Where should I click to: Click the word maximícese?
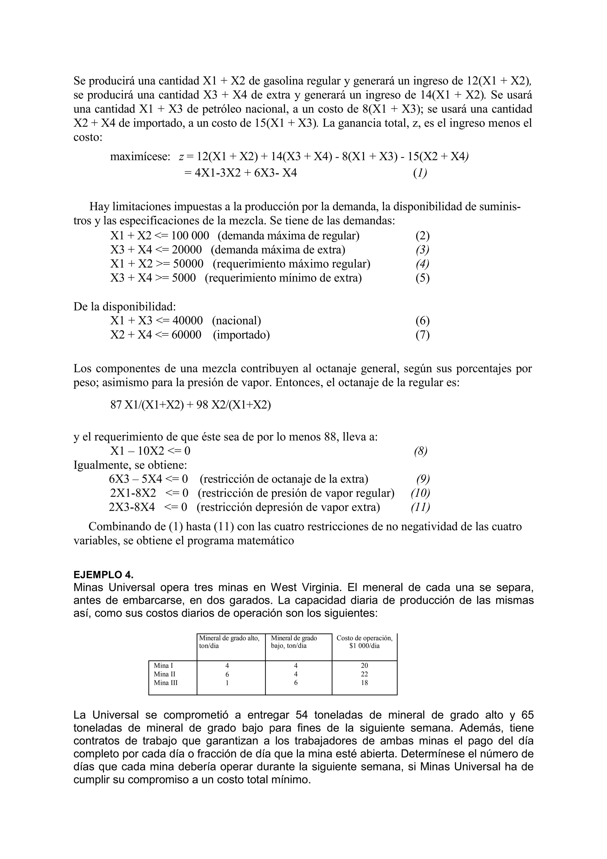click(140, 157)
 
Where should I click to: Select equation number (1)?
click(420, 173)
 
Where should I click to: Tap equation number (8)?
click(420, 451)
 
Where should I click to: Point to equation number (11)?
click(420, 507)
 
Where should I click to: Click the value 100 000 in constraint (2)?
click(190, 236)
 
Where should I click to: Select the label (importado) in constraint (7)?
click(241, 334)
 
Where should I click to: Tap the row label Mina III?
click(166, 682)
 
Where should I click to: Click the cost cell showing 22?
click(364, 674)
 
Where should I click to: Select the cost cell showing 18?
click(364, 682)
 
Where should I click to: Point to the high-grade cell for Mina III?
click(227, 682)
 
